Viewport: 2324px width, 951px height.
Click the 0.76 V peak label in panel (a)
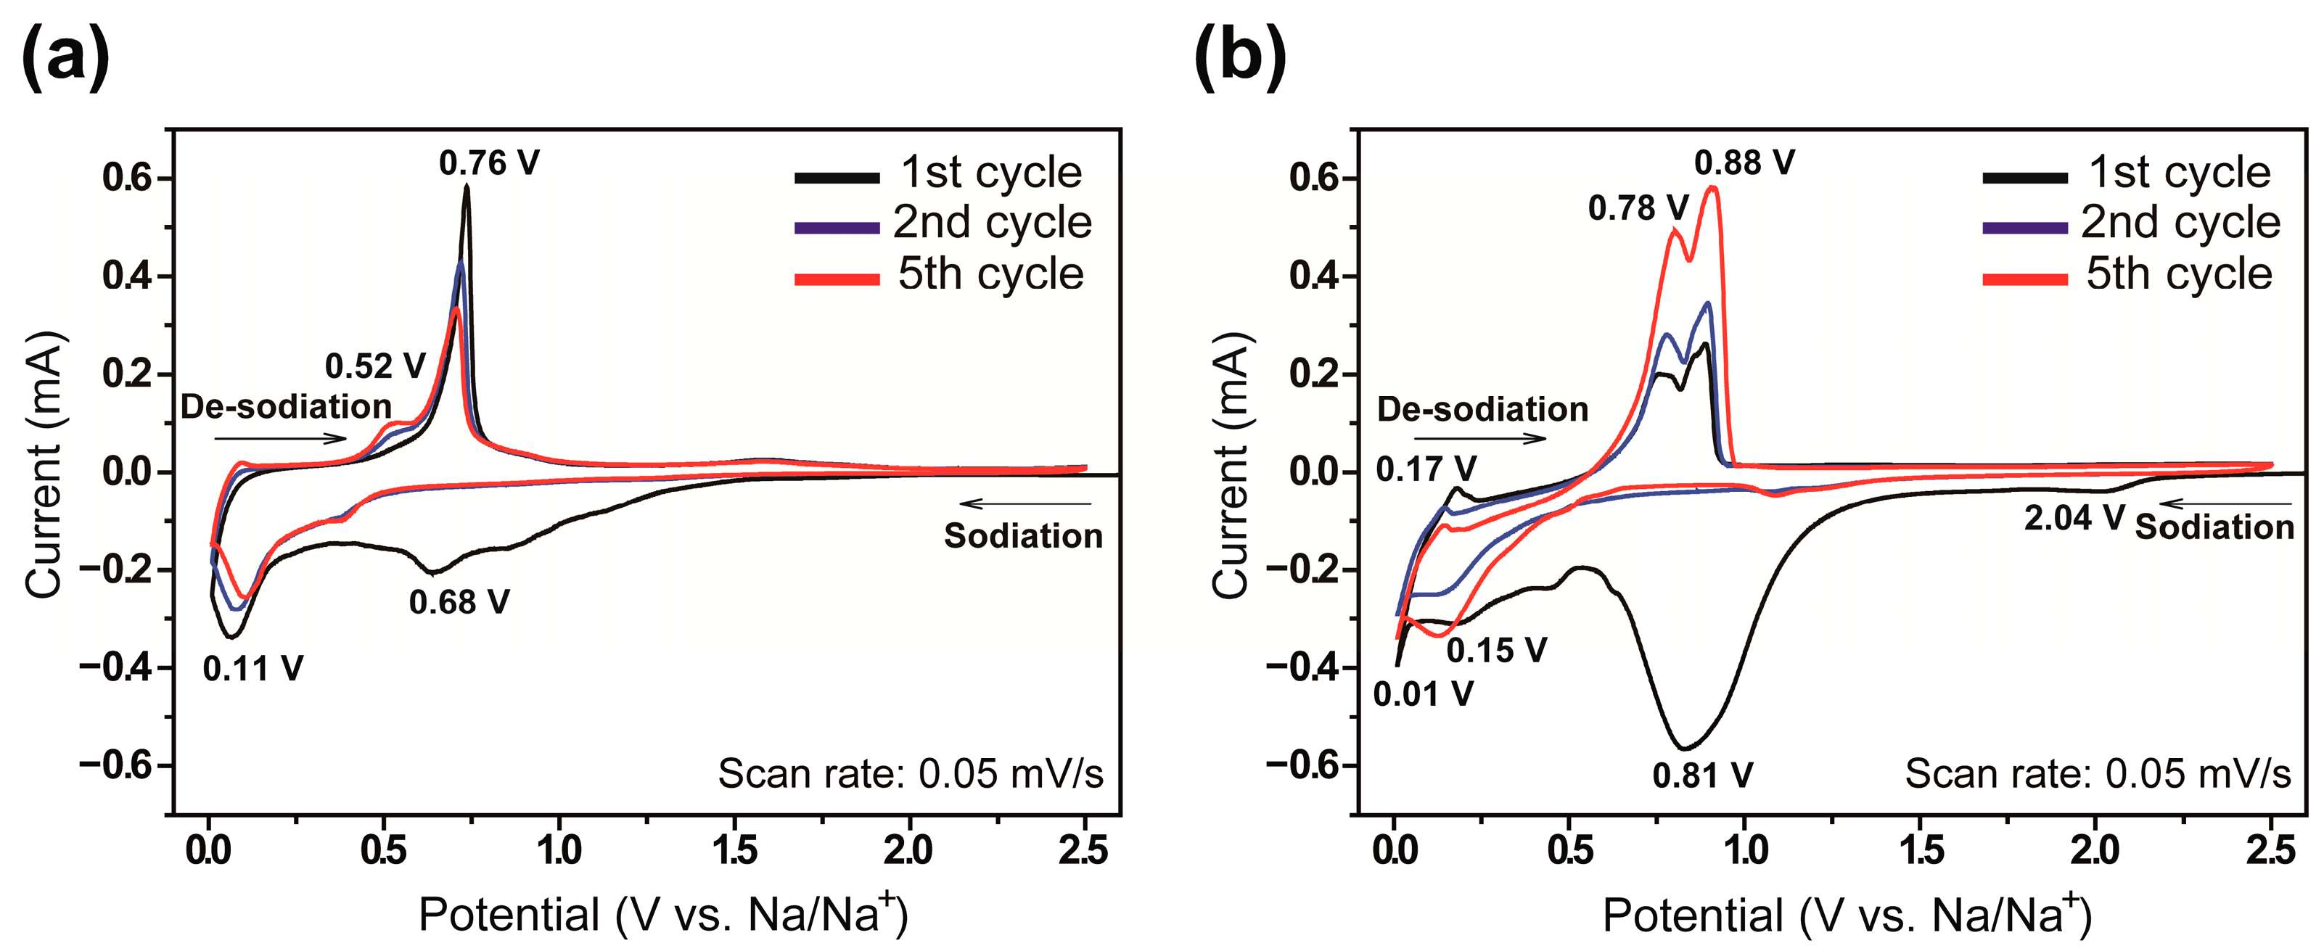(x=489, y=163)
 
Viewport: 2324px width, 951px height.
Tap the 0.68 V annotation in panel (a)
(x=459, y=602)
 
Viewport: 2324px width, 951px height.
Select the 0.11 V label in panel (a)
(x=252, y=669)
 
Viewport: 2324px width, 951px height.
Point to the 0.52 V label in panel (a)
(x=375, y=366)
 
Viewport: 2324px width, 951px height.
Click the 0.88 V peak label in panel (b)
(x=1744, y=162)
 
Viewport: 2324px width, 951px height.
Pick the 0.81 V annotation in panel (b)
(x=1702, y=775)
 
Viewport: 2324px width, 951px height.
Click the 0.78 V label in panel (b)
(x=1638, y=208)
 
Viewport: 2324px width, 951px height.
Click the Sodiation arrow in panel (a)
(x=1026, y=503)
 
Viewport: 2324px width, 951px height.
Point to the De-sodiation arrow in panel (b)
(x=1479, y=440)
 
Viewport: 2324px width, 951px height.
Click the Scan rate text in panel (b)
(x=2097, y=774)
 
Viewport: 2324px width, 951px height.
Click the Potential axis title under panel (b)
(x=1846, y=915)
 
